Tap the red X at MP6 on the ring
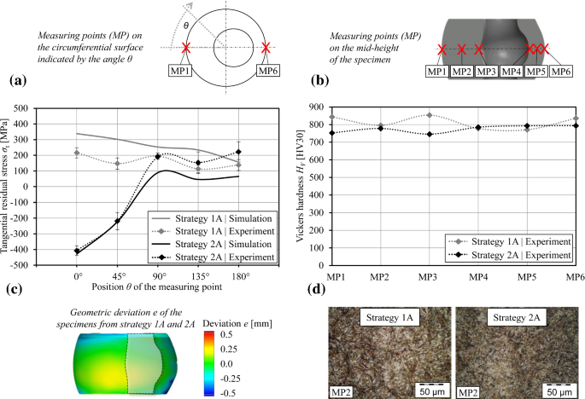click(267, 49)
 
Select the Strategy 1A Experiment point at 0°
click(77, 153)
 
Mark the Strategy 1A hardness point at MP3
click(429, 115)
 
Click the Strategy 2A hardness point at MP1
click(331, 133)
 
